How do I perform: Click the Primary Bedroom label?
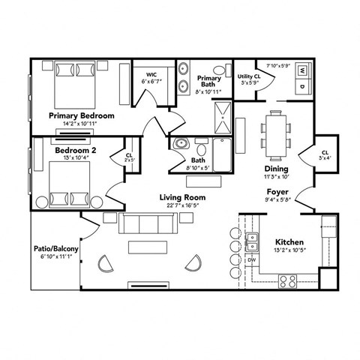coord(81,116)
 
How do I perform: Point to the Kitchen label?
coord(288,242)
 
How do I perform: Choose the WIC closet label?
coord(151,75)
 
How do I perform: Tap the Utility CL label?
coord(249,76)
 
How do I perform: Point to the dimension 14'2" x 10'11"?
coord(81,124)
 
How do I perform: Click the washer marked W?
coord(301,71)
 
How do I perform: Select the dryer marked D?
coord(301,87)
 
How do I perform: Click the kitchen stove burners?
coord(287,280)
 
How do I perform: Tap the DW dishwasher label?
coord(252,260)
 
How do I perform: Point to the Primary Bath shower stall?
coord(224,114)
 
